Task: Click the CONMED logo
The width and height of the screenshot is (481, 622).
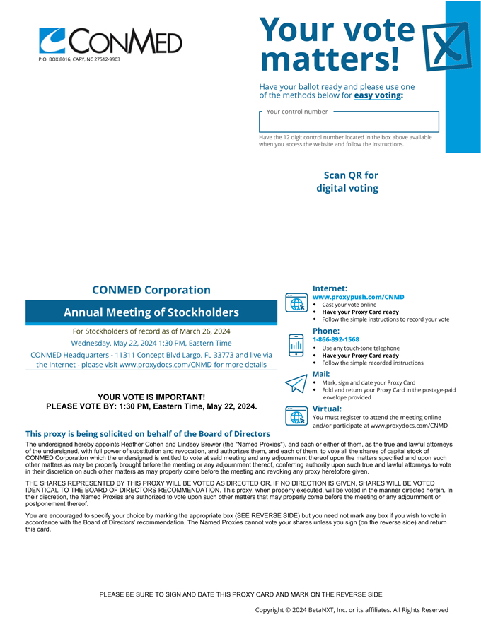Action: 110,41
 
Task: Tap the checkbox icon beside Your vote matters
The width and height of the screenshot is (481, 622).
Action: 446,46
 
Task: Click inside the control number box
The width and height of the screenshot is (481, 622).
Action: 349,122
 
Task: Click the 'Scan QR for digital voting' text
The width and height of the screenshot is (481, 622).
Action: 351,182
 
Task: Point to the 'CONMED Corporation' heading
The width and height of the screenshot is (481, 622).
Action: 151,290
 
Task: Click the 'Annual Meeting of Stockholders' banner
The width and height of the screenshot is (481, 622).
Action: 151,312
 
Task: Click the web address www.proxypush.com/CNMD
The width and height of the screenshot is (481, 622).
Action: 359,297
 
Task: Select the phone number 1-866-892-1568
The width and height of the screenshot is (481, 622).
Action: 336,339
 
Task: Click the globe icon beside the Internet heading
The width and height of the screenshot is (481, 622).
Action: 295,303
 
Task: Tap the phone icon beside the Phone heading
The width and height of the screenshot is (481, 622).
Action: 295,344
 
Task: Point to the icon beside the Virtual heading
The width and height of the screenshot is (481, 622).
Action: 295,416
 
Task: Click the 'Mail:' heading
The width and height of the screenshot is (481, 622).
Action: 321,373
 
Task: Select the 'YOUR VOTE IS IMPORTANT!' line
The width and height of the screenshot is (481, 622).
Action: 151,397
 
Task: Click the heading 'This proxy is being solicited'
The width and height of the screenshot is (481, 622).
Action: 148,433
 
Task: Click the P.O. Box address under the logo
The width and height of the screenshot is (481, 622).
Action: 79,59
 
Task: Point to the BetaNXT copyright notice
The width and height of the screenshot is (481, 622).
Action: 352,609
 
